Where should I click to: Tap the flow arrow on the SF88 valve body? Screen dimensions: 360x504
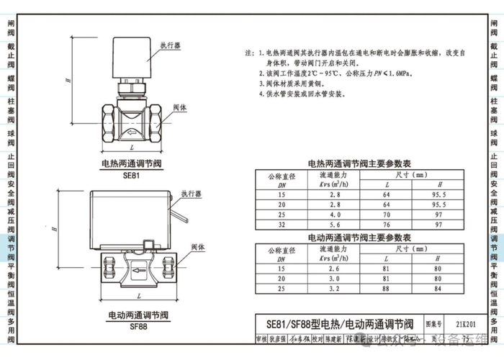point(136,271)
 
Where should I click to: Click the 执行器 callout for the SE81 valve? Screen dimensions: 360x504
point(170,45)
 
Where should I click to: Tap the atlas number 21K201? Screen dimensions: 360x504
point(468,325)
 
